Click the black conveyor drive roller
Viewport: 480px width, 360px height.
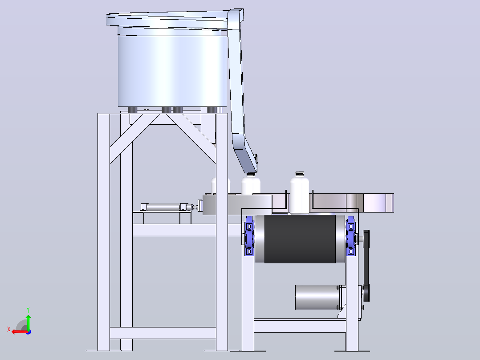pos(300,239)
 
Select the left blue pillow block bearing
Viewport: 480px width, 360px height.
pos(249,236)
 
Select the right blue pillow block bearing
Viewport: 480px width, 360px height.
pos(350,236)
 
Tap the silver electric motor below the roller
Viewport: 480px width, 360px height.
pos(318,297)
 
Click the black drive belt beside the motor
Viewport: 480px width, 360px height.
pos(366,266)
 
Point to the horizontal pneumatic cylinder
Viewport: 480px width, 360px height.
pos(167,207)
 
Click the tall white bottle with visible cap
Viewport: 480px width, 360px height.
pos(299,192)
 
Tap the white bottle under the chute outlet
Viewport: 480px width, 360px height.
pos(251,184)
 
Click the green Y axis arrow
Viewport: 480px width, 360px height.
pos(28,322)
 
